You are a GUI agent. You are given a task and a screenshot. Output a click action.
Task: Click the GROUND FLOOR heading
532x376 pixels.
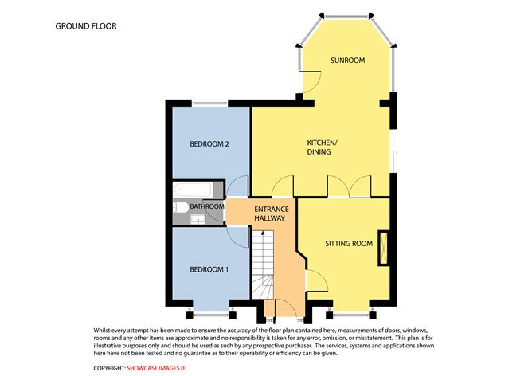pos(86,26)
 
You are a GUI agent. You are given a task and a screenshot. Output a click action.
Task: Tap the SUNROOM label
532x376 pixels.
pos(348,61)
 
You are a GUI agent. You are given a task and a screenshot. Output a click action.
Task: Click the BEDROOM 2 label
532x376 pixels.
pos(209,144)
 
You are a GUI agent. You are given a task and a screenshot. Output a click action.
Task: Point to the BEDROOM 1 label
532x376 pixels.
pos(209,269)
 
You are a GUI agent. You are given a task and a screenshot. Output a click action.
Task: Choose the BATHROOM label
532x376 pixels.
pos(207,206)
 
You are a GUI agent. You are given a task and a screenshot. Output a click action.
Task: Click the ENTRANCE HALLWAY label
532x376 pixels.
pos(272,213)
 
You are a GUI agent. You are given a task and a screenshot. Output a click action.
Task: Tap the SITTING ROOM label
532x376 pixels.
pos(349,243)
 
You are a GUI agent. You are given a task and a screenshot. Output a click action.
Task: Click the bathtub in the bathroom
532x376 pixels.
pos(193,190)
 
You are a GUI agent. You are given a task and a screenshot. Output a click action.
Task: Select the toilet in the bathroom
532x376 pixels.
pos(181,207)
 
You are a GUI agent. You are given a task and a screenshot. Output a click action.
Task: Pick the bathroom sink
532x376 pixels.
pos(198,220)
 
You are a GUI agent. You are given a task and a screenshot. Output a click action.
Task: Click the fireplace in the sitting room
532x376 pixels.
pos(384,248)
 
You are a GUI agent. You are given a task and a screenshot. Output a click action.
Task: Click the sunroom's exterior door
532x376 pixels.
pos(311,82)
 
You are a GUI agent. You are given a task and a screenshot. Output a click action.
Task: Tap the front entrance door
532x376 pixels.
pos(286,308)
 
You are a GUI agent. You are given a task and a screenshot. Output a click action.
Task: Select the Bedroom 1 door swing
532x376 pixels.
pos(237,237)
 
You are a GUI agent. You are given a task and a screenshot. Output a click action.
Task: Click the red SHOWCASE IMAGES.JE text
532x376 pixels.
pos(156,368)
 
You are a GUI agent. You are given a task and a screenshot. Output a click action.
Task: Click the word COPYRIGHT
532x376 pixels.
pos(110,368)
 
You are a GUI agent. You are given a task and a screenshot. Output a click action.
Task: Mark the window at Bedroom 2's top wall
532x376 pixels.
pos(209,104)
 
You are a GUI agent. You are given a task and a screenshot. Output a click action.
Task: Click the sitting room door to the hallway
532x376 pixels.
pos(317,281)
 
